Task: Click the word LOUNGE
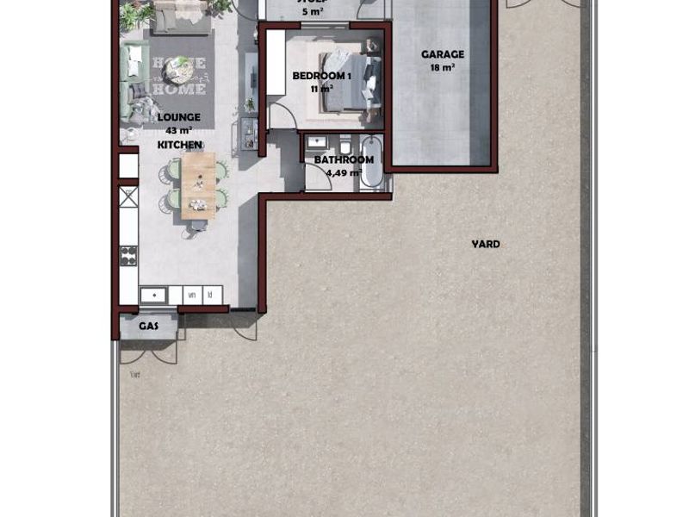coord(179,117)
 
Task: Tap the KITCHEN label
coord(179,145)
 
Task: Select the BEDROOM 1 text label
coord(321,76)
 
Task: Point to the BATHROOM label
coord(344,159)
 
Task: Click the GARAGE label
coord(442,54)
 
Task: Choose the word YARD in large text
coord(486,244)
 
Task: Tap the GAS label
coord(148,327)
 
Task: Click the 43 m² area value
coord(179,131)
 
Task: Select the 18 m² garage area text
coord(442,67)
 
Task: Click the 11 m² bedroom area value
coord(321,89)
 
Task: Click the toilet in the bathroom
coord(344,145)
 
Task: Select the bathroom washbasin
coord(315,143)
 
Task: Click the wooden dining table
coord(199,184)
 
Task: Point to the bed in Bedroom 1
coord(349,79)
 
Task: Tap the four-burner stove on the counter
coord(128,256)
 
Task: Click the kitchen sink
coord(153,295)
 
